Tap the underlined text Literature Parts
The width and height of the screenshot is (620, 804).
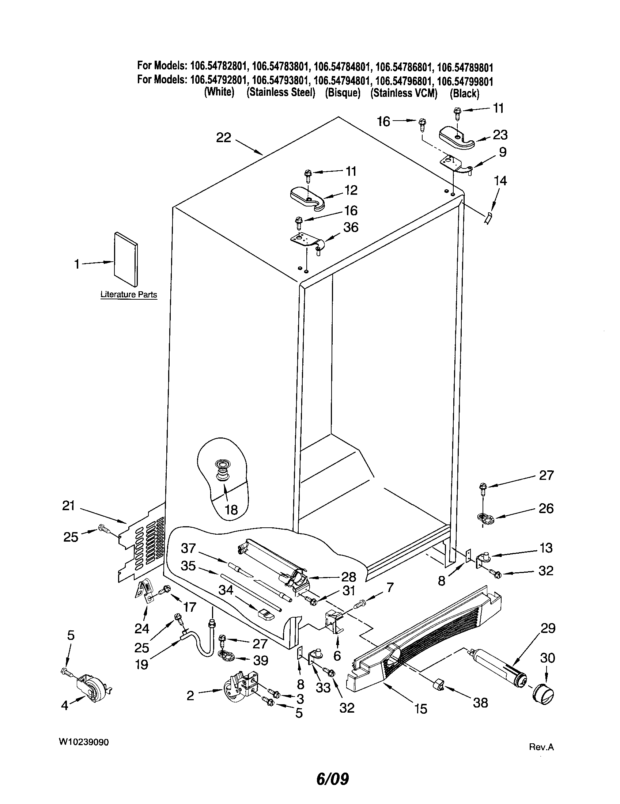point(128,295)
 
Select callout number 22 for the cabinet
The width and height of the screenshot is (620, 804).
point(223,138)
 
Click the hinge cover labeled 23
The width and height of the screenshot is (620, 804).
point(457,139)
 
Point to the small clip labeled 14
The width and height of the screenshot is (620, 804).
point(487,218)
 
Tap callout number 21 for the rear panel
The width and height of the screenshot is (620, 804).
point(68,506)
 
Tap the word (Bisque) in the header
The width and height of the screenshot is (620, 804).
point(343,93)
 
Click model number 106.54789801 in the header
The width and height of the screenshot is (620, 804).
point(465,67)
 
